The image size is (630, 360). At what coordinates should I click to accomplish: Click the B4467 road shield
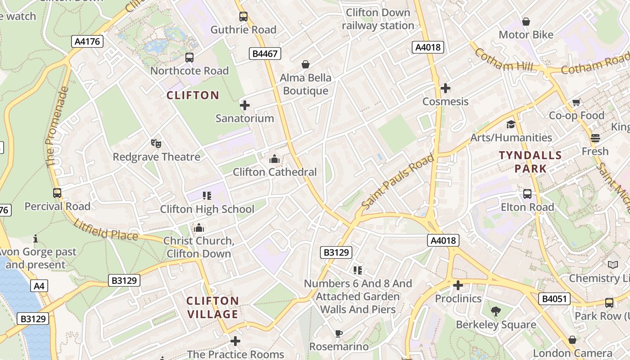click(265, 54)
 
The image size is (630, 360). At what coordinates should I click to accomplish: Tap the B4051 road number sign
click(554, 299)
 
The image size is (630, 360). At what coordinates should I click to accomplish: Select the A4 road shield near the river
click(39, 286)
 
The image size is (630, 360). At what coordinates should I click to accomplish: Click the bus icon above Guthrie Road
click(243, 17)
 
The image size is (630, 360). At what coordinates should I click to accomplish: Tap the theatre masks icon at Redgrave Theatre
click(156, 144)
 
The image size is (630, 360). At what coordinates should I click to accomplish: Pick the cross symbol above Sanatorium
click(244, 105)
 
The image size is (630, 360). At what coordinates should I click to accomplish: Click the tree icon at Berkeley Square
click(496, 311)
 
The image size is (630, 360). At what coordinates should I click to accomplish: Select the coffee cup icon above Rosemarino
click(339, 333)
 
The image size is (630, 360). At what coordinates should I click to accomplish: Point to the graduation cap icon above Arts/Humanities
click(511, 124)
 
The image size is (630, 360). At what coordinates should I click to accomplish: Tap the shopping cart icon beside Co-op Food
click(576, 103)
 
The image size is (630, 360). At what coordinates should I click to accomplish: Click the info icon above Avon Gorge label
click(36, 238)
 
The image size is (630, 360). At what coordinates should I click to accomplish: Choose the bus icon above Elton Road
click(527, 194)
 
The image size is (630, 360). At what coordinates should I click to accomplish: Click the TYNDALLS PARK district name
click(530, 162)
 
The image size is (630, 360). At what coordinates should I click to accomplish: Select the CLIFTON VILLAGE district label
click(212, 307)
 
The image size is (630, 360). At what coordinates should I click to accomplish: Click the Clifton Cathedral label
click(274, 172)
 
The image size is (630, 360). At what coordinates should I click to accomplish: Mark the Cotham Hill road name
click(504, 60)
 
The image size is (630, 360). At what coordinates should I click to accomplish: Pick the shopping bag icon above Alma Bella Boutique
click(306, 65)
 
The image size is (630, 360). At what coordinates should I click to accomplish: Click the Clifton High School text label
click(207, 209)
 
